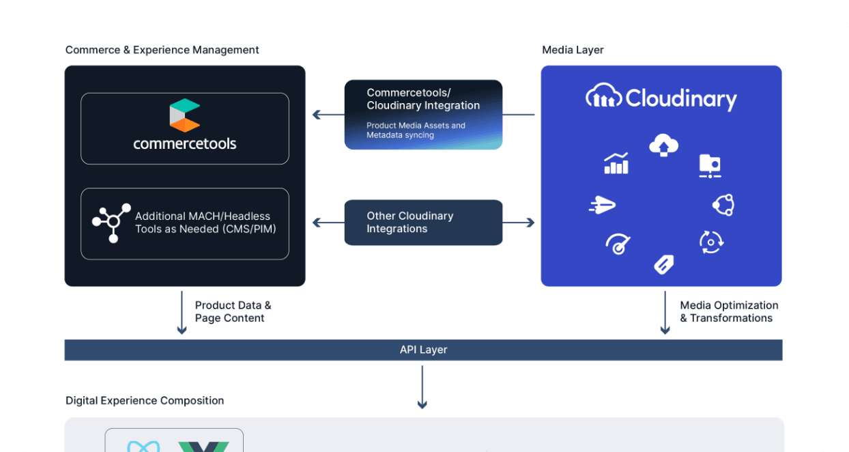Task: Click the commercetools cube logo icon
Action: point(184,115)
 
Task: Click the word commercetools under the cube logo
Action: point(184,144)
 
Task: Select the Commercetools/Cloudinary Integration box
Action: point(423,115)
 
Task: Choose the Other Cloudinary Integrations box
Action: point(423,223)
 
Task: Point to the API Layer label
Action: point(423,350)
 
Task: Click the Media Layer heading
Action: point(573,50)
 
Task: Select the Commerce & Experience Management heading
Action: point(162,50)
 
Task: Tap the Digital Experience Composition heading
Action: point(145,401)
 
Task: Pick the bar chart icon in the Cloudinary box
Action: point(616,164)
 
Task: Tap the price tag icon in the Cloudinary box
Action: point(664,264)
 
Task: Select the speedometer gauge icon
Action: point(618,244)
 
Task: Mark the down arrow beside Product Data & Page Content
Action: point(182,313)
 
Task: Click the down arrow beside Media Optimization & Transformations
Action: point(665,313)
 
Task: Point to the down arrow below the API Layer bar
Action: point(422,387)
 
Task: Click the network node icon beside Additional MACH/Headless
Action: point(111,223)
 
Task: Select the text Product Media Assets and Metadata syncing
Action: point(416,130)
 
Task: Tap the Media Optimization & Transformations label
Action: point(729,311)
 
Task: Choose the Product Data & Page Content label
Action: point(233,311)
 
